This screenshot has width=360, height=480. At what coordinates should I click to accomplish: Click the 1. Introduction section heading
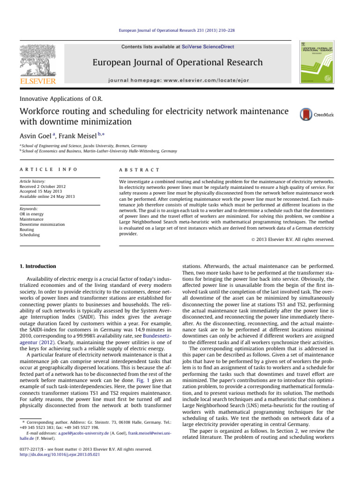tap(43, 266)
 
